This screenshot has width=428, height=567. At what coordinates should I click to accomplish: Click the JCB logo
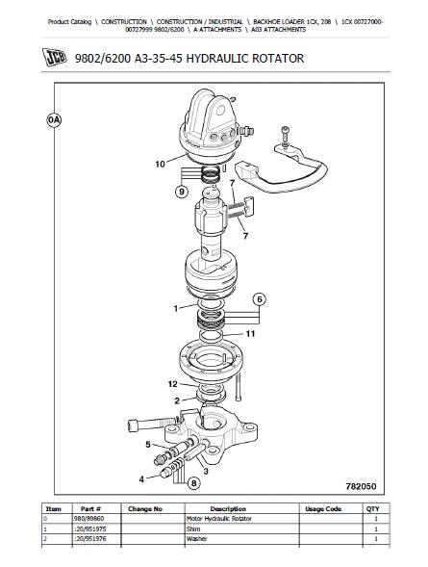55,58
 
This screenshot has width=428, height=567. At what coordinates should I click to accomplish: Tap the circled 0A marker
54,120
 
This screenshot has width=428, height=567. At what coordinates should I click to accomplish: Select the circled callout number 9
182,192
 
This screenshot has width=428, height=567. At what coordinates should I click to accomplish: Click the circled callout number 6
260,299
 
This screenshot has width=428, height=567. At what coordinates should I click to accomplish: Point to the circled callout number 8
194,483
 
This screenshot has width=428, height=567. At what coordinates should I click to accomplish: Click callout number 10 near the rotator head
160,165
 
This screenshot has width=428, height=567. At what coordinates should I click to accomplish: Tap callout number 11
250,334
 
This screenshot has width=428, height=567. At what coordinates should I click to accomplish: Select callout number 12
173,384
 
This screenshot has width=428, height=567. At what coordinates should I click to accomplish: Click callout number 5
148,445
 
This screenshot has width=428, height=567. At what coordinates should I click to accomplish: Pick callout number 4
141,479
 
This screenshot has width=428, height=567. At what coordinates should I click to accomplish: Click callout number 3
206,471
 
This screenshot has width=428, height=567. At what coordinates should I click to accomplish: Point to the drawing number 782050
361,486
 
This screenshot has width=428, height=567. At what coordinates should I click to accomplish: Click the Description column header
228,509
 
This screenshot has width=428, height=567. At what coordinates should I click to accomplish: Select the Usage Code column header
323,509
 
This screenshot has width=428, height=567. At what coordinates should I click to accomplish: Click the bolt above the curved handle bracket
286,135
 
